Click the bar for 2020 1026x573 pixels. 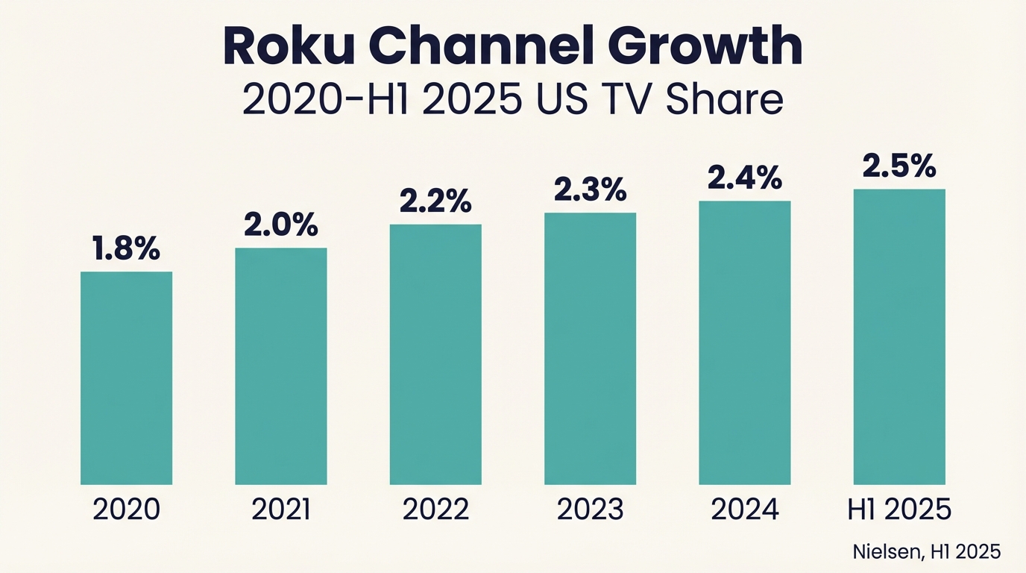[126, 378]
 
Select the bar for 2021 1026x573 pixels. [281, 366]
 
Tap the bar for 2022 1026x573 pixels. [435, 354]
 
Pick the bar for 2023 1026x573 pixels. [590, 348]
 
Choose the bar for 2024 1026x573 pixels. [744, 342]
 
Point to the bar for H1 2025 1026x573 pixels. [899, 336]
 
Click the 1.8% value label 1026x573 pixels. [126, 249]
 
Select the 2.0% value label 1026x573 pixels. [281, 225]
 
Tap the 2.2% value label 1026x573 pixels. [435, 201]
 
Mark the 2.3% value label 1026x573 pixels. [590, 190]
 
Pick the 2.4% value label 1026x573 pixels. [744, 178]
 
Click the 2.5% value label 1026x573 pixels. [899, 166]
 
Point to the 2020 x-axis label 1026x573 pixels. [126, 510]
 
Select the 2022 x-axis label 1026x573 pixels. [435, 510]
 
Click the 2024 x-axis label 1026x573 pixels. [744, 510]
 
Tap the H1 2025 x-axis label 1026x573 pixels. [899, 510]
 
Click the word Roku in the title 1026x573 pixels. [289, 47]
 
